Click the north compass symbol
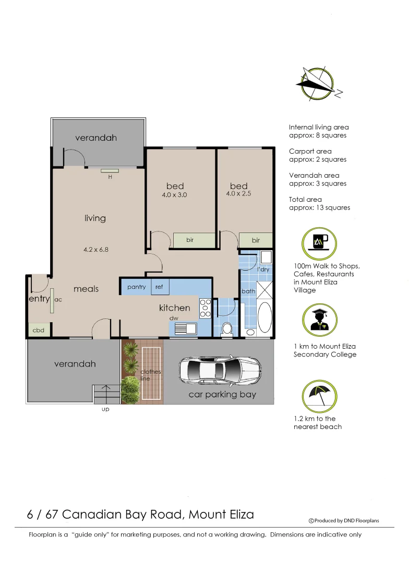318,83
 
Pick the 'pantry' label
137,287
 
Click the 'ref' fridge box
159,287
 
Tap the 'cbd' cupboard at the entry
39,330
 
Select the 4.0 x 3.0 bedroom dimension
174,195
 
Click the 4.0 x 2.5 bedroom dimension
239,194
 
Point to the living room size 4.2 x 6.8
96,250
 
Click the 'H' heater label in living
110,177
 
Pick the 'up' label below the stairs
105,409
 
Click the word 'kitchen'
174,308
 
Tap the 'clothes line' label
151,375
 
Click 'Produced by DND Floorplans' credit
344,520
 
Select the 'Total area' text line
305,199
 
